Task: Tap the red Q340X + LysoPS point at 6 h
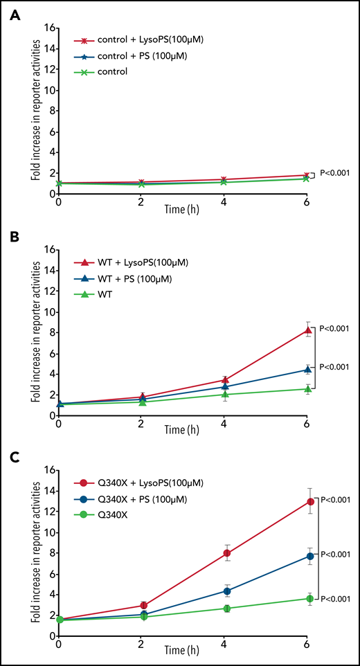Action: pos(309,501)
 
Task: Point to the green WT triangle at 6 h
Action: pos(309,388)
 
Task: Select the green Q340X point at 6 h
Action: pos(309,598)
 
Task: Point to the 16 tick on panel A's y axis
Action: pos(48,28)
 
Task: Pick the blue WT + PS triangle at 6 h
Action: pos(309,370)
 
